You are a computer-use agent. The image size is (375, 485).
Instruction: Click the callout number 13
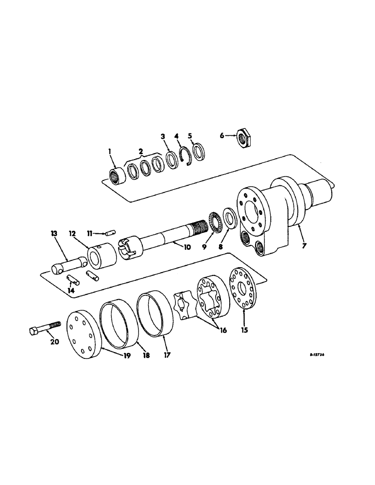click(54, 234)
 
